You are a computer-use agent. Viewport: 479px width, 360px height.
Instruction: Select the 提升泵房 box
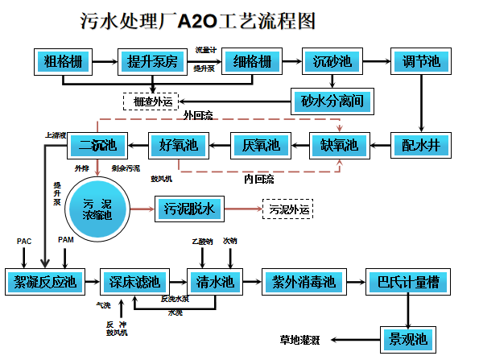153,61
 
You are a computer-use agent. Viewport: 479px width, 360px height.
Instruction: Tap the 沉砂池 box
327,61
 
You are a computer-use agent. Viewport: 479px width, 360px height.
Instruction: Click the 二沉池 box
97,146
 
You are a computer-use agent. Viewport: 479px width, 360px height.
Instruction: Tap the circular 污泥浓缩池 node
97,209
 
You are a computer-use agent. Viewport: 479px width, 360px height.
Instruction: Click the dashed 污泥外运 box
287,209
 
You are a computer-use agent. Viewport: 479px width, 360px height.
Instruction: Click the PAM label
66,240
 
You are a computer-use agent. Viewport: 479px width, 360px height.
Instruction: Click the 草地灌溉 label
300,339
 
